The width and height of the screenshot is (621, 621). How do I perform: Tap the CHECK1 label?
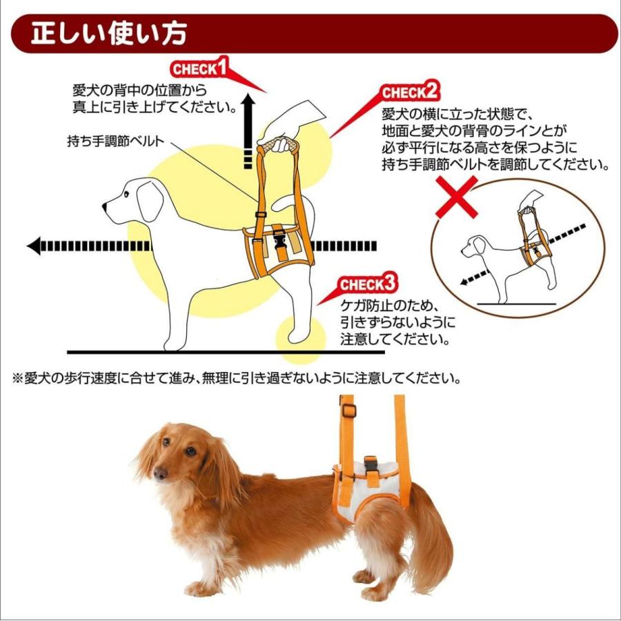click(199, 68)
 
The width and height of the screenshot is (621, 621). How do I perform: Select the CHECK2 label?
click(410, 92)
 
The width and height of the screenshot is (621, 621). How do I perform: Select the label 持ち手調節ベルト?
click(116, 141)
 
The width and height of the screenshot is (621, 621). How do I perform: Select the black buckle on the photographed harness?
click(369, 464)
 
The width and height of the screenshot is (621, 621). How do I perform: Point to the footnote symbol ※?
click(17, 379)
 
